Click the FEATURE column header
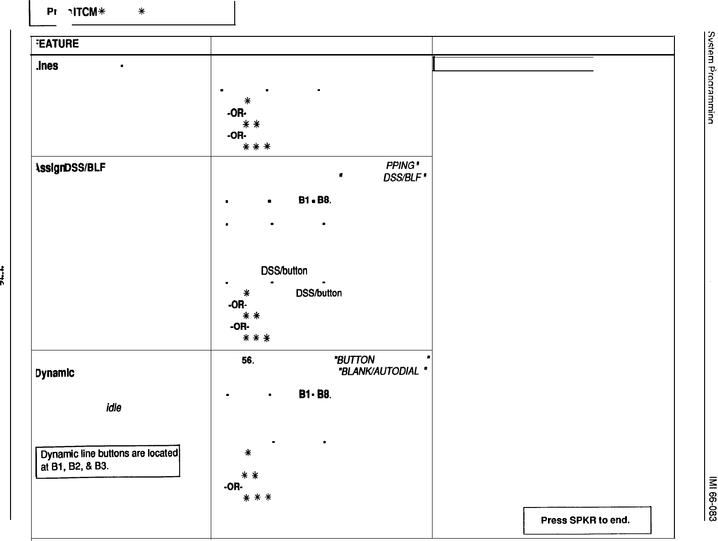pyautogui.click(x=56, y=44)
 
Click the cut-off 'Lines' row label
pyautogui.click(x=46, y=66)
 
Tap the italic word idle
pyautogui.click(x=114, y=407)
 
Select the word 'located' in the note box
pyautogui.click(x=162, y=453)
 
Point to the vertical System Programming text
pyautogui.click(x=712, y=76)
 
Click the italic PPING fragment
pyautogui.click(x=400, y=166)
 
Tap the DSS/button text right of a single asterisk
pyautogui.click(x=319, y=293)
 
